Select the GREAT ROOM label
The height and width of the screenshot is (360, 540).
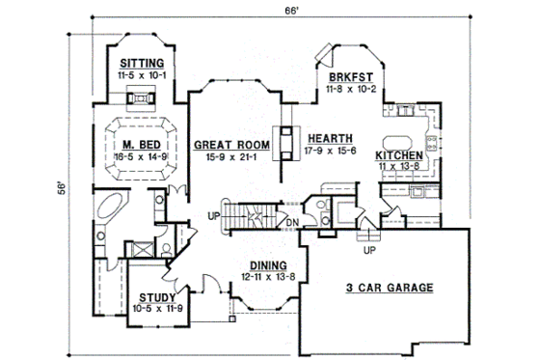click(223, 145)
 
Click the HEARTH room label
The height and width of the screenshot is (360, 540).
click(330, 138)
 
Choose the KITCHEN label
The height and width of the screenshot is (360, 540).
click(398, 154)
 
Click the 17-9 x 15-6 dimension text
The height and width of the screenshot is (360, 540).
click(330, 150)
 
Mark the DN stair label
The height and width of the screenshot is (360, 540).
click(290, 226)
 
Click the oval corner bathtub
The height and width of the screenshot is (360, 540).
click(109, 208)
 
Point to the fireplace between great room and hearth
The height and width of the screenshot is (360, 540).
click(285, 142)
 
